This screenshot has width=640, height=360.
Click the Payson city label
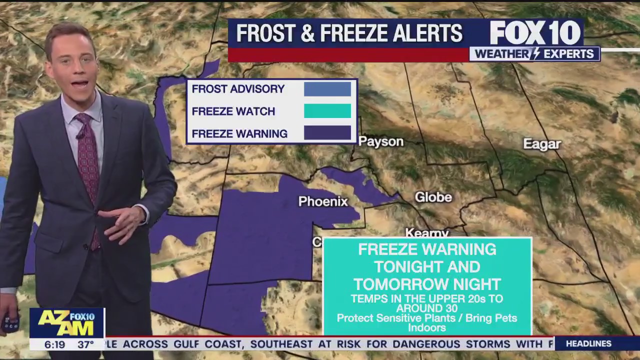point(381,142)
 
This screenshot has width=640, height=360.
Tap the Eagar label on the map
point(542,144)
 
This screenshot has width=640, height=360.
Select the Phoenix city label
point(323,201)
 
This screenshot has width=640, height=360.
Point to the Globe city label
point(433,197)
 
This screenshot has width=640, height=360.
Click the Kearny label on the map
point(426,233)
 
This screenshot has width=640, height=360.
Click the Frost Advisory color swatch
point(327,89)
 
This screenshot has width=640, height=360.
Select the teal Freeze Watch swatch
point(327,111)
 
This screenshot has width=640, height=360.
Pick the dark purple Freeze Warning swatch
point(327,133)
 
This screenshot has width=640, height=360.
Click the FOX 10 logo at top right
point(535,33)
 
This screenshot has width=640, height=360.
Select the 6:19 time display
point(55,344)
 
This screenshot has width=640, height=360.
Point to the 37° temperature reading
point(85,344)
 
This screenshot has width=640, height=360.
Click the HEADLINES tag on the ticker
point(588,344)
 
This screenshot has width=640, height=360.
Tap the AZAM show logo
point(66,323)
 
